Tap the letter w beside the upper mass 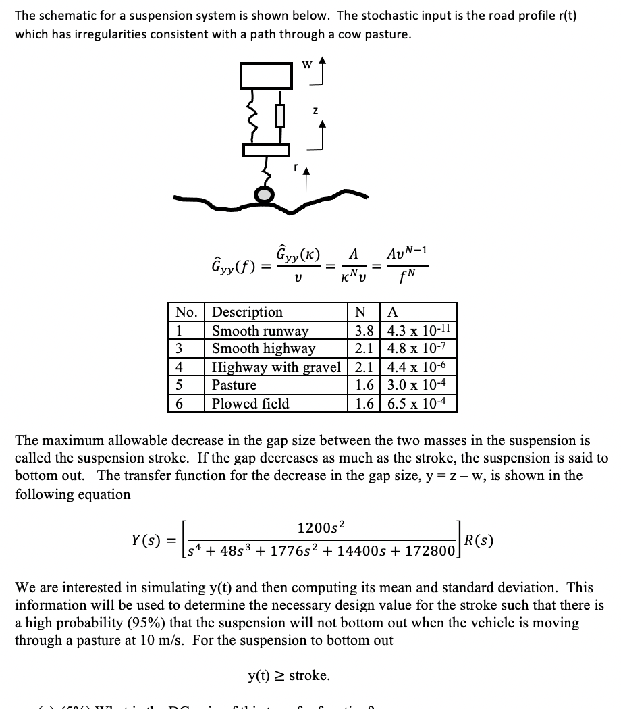pyautogui.click(x=306, y=65)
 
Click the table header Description pyautogui.click(x=248, y=312)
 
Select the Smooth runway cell pyautogui.click(x=260, y=331)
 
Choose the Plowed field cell pyautogui.click(x=250, y=404)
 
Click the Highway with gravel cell pyautogui.click(x=276, y=367)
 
